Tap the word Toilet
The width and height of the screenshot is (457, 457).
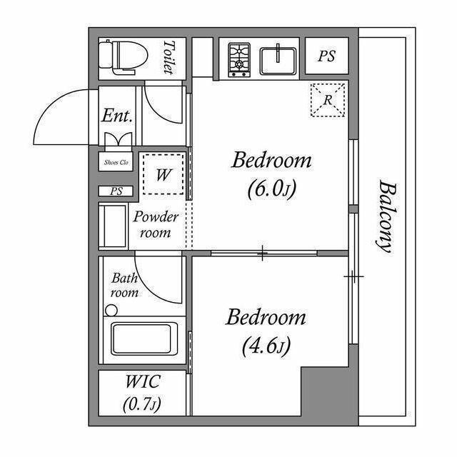click(x=169, y=57)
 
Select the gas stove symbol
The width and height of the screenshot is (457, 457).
click(x=239, y=59)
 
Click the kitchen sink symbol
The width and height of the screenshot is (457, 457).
click(x=279, y=59)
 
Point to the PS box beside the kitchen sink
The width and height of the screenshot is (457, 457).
click(x=327, y=57)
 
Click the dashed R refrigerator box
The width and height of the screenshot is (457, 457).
click(x=328, y=101)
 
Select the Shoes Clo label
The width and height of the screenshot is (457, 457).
click(x=116, y=163)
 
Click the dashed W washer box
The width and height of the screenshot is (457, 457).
click(x=164, y=173)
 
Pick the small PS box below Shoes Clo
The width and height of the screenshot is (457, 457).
click(x=116, y=191)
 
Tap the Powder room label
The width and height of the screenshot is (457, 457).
click(x=156, y=225)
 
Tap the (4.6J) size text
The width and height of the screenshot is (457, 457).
click(x=266, y=347)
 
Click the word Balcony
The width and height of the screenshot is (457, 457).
click(x=386, y=216)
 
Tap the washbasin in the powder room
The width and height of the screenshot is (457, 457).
click(x=113, y=226)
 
